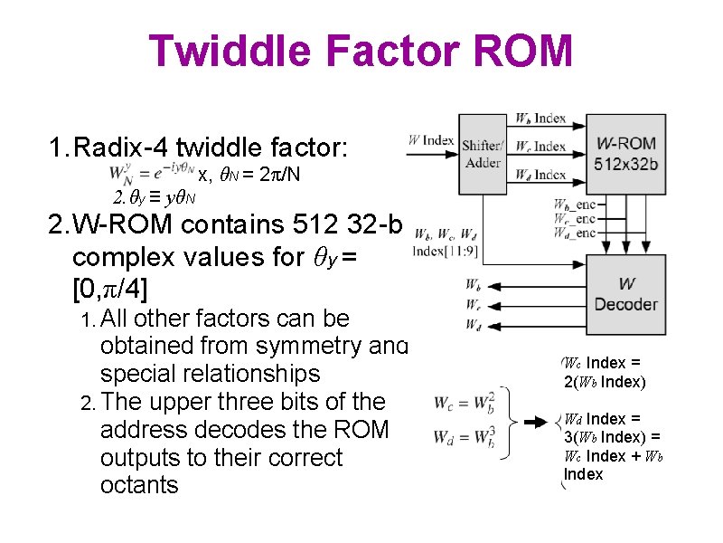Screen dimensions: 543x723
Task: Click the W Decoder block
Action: tap(625, 295)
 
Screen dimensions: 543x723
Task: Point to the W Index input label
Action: tap(431, 139)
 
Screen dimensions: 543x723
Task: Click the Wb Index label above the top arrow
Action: tap(540, 119)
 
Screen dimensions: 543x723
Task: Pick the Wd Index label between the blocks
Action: tap(540, 175)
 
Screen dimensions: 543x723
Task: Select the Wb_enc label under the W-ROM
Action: tap(575, 205)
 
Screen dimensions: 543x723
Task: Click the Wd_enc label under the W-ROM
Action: tap(575, 233)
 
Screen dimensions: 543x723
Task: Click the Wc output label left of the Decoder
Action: tap(473, 304)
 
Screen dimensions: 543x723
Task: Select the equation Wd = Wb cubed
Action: tap(465, 437)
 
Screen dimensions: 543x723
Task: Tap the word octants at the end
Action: tap(139, 486)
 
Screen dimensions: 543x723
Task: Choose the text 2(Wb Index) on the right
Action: tap(604, 381)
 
